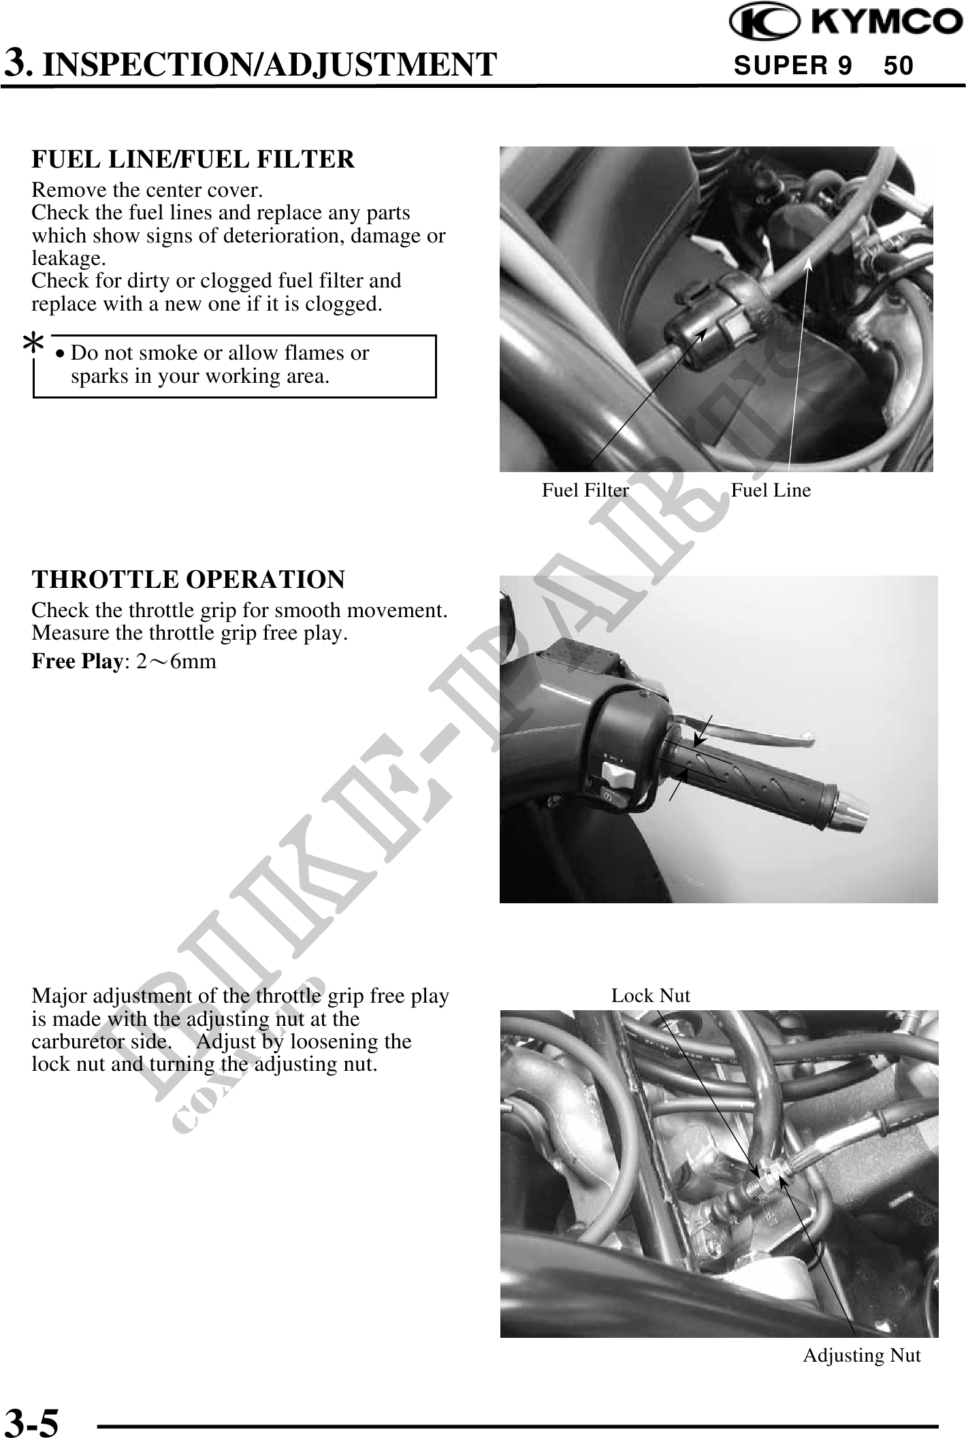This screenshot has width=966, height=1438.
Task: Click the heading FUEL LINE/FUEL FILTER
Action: tap(193, 159)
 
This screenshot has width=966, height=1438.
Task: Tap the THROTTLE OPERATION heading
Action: tap(189, 580)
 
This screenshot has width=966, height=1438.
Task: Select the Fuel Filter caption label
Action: tap(585, 490)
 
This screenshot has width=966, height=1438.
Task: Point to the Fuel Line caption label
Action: tap(771, 490)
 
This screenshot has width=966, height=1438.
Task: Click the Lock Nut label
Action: tap(650, 996)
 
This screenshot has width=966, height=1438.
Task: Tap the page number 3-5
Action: tap(31, 1422)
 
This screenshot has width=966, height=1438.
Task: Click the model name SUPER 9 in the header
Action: tap(792, 65)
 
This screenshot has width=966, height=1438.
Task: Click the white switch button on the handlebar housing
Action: tap(617, 775)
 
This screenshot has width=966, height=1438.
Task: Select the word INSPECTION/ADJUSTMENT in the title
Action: tap(274, 65)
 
